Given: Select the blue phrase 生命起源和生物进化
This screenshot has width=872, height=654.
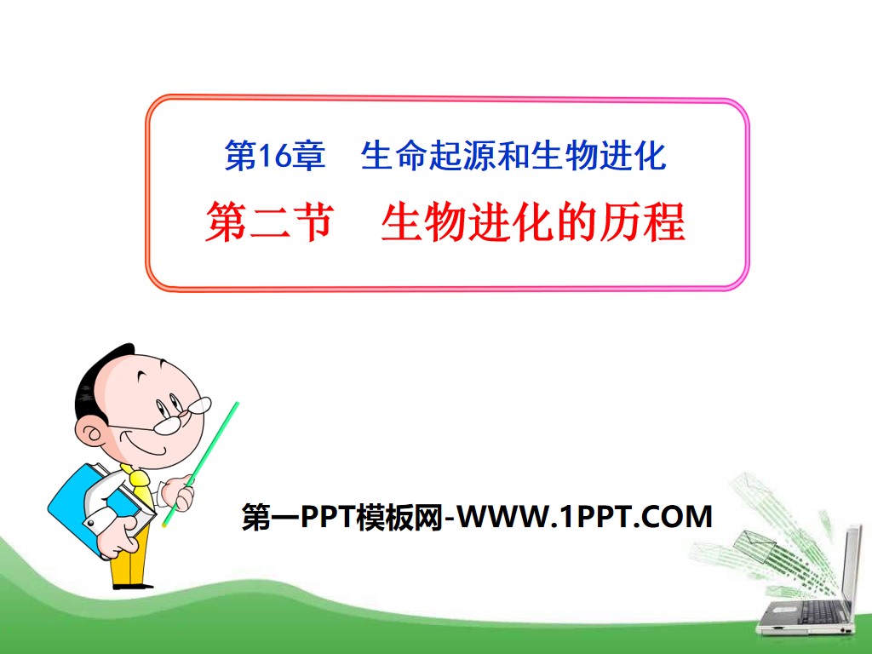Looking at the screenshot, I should pos(513,156).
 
